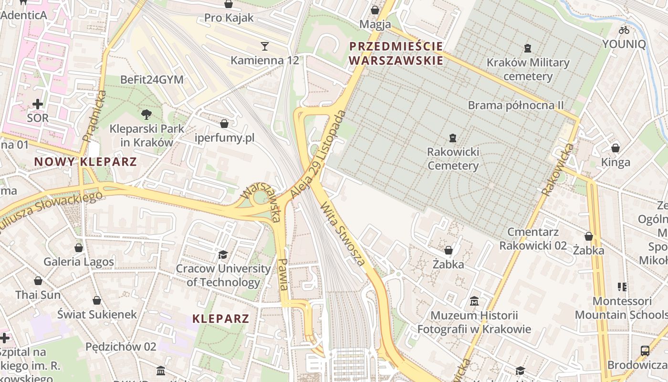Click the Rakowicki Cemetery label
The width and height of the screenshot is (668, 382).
(452, 159)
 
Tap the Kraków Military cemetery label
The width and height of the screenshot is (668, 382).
(528, 69)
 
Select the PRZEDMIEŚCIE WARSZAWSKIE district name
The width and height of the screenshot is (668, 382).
(396, 53)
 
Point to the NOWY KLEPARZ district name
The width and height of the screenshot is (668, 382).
(85, 161)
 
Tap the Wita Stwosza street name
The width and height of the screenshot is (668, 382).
(343, 233)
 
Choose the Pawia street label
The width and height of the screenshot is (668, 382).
(283, 275)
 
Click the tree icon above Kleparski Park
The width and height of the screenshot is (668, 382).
(146, 114)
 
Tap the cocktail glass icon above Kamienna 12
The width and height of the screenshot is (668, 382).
(265, 46)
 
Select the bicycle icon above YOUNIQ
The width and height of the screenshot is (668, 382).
(624, 30)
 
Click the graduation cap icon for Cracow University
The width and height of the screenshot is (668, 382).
(223, 255)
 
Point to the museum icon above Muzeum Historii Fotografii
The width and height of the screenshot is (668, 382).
(474, 301)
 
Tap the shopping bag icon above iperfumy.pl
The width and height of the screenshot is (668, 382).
(224, 124)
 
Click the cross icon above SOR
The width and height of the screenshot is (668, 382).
(37, 104)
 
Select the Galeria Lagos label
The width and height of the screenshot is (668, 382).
(79, 262)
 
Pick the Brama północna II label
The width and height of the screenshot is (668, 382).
(516, 105)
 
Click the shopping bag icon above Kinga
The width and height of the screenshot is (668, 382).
(616, 148)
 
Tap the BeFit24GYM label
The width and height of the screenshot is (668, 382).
(152, 80)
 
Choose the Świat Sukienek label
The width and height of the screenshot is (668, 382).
(97, 314)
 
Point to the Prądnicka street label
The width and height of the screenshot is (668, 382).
(94, 116)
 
